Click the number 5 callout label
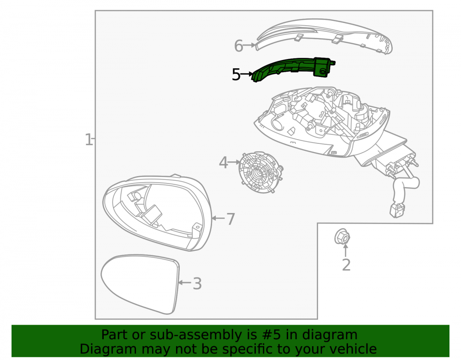pyautogui.click(x=236, y=75)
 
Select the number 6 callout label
pyautogui.click(x=238, y=46)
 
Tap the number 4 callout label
pyautogui.click(x=223, y=163)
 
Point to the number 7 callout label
pyautogui.click(x=231, y=219)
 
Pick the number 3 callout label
pyautogui.click(x=197, y=283)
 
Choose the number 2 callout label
pyautogui.click(x=346, y=265)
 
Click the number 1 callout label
pyautogui.click(x=88, y=140)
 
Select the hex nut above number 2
pyautogui.click(x=342, y=236)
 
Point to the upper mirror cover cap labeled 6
pyautogui.click(x=325, y=36)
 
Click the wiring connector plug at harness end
pyautogui.click(x=396, y=210)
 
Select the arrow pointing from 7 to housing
pyautogui.click(x=218, y=218)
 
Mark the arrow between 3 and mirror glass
pyautogui.click(x=185, y=283)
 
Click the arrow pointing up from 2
pyautogui.click(x=346, y=250)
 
